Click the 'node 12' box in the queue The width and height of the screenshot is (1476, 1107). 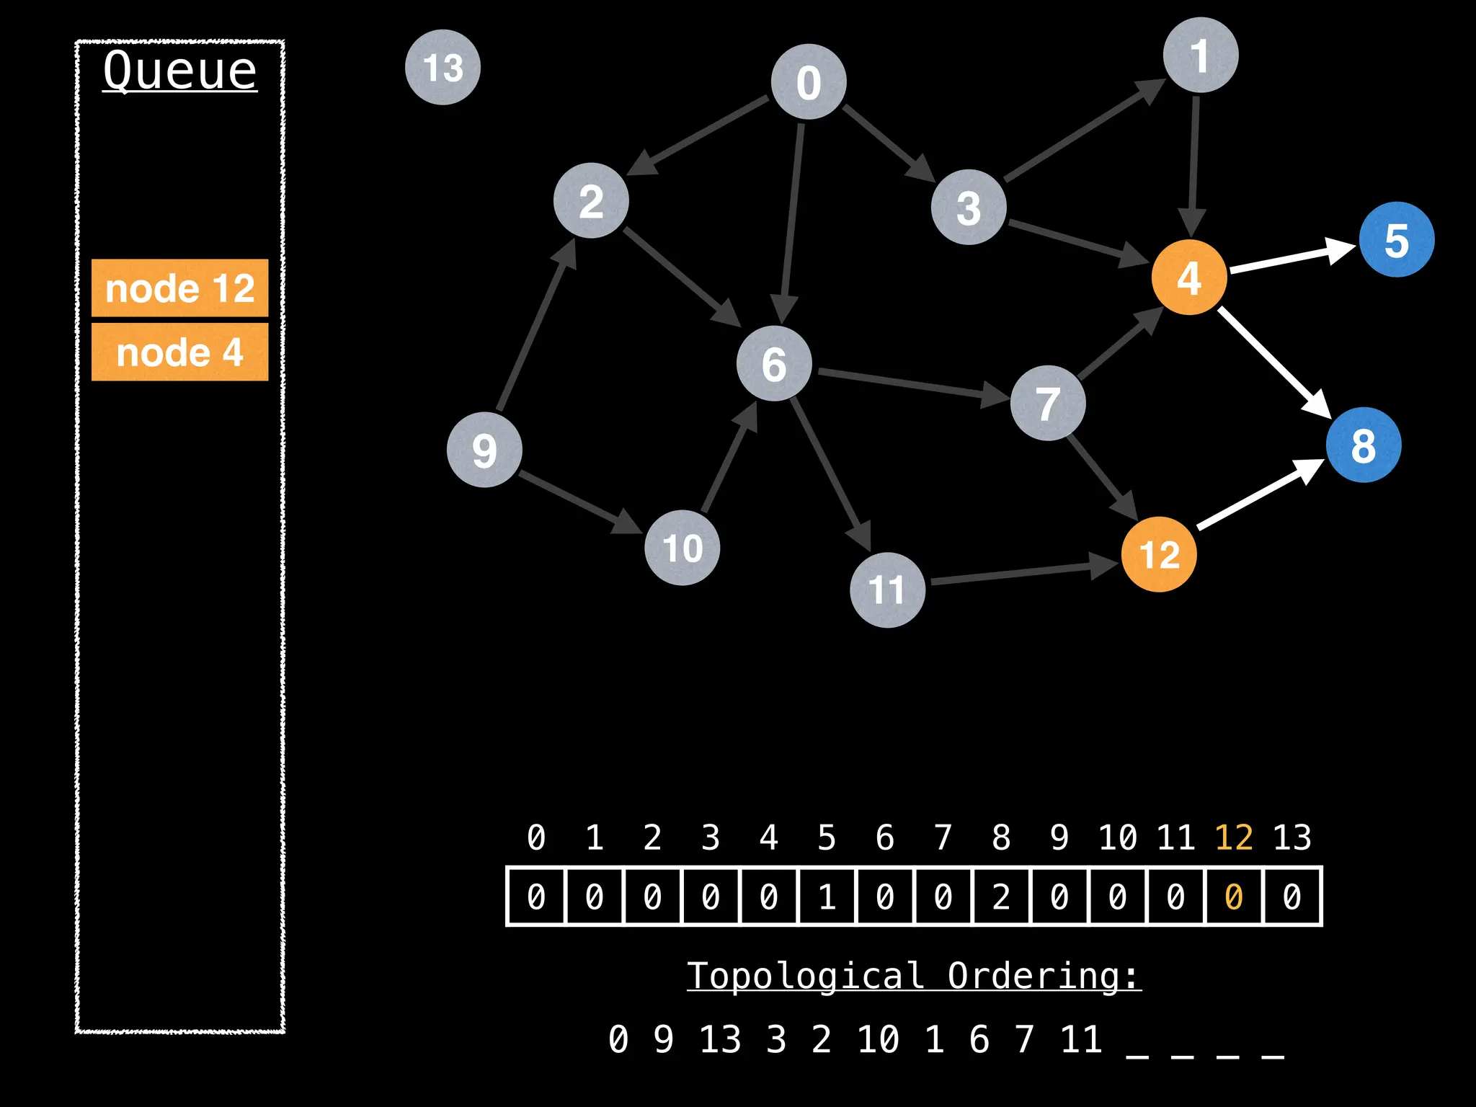pos(179,288)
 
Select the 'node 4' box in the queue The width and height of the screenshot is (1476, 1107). pos(179,352)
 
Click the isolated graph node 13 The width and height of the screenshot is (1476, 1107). pos(443,67)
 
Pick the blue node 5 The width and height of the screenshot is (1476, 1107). pos(1396,240)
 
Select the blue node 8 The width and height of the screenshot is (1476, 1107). pos(1363,445)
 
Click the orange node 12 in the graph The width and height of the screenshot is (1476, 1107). pos(1159,554)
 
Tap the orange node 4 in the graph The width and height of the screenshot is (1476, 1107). pos(1189,277)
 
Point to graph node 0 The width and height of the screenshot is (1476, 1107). pos(809,81)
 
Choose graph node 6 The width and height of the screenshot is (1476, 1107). pos(774,363)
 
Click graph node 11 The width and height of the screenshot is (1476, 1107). pos(887,590)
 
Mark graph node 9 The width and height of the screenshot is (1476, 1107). pos(484,450)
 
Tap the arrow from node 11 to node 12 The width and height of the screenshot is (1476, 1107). pos(1023,572)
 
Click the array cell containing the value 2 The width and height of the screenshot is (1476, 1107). pos(1001,897)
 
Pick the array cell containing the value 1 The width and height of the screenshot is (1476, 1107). pos(827,897)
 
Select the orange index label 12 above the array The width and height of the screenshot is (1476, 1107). pos(1233,837)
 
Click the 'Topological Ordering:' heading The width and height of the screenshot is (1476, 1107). pos(914,976)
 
